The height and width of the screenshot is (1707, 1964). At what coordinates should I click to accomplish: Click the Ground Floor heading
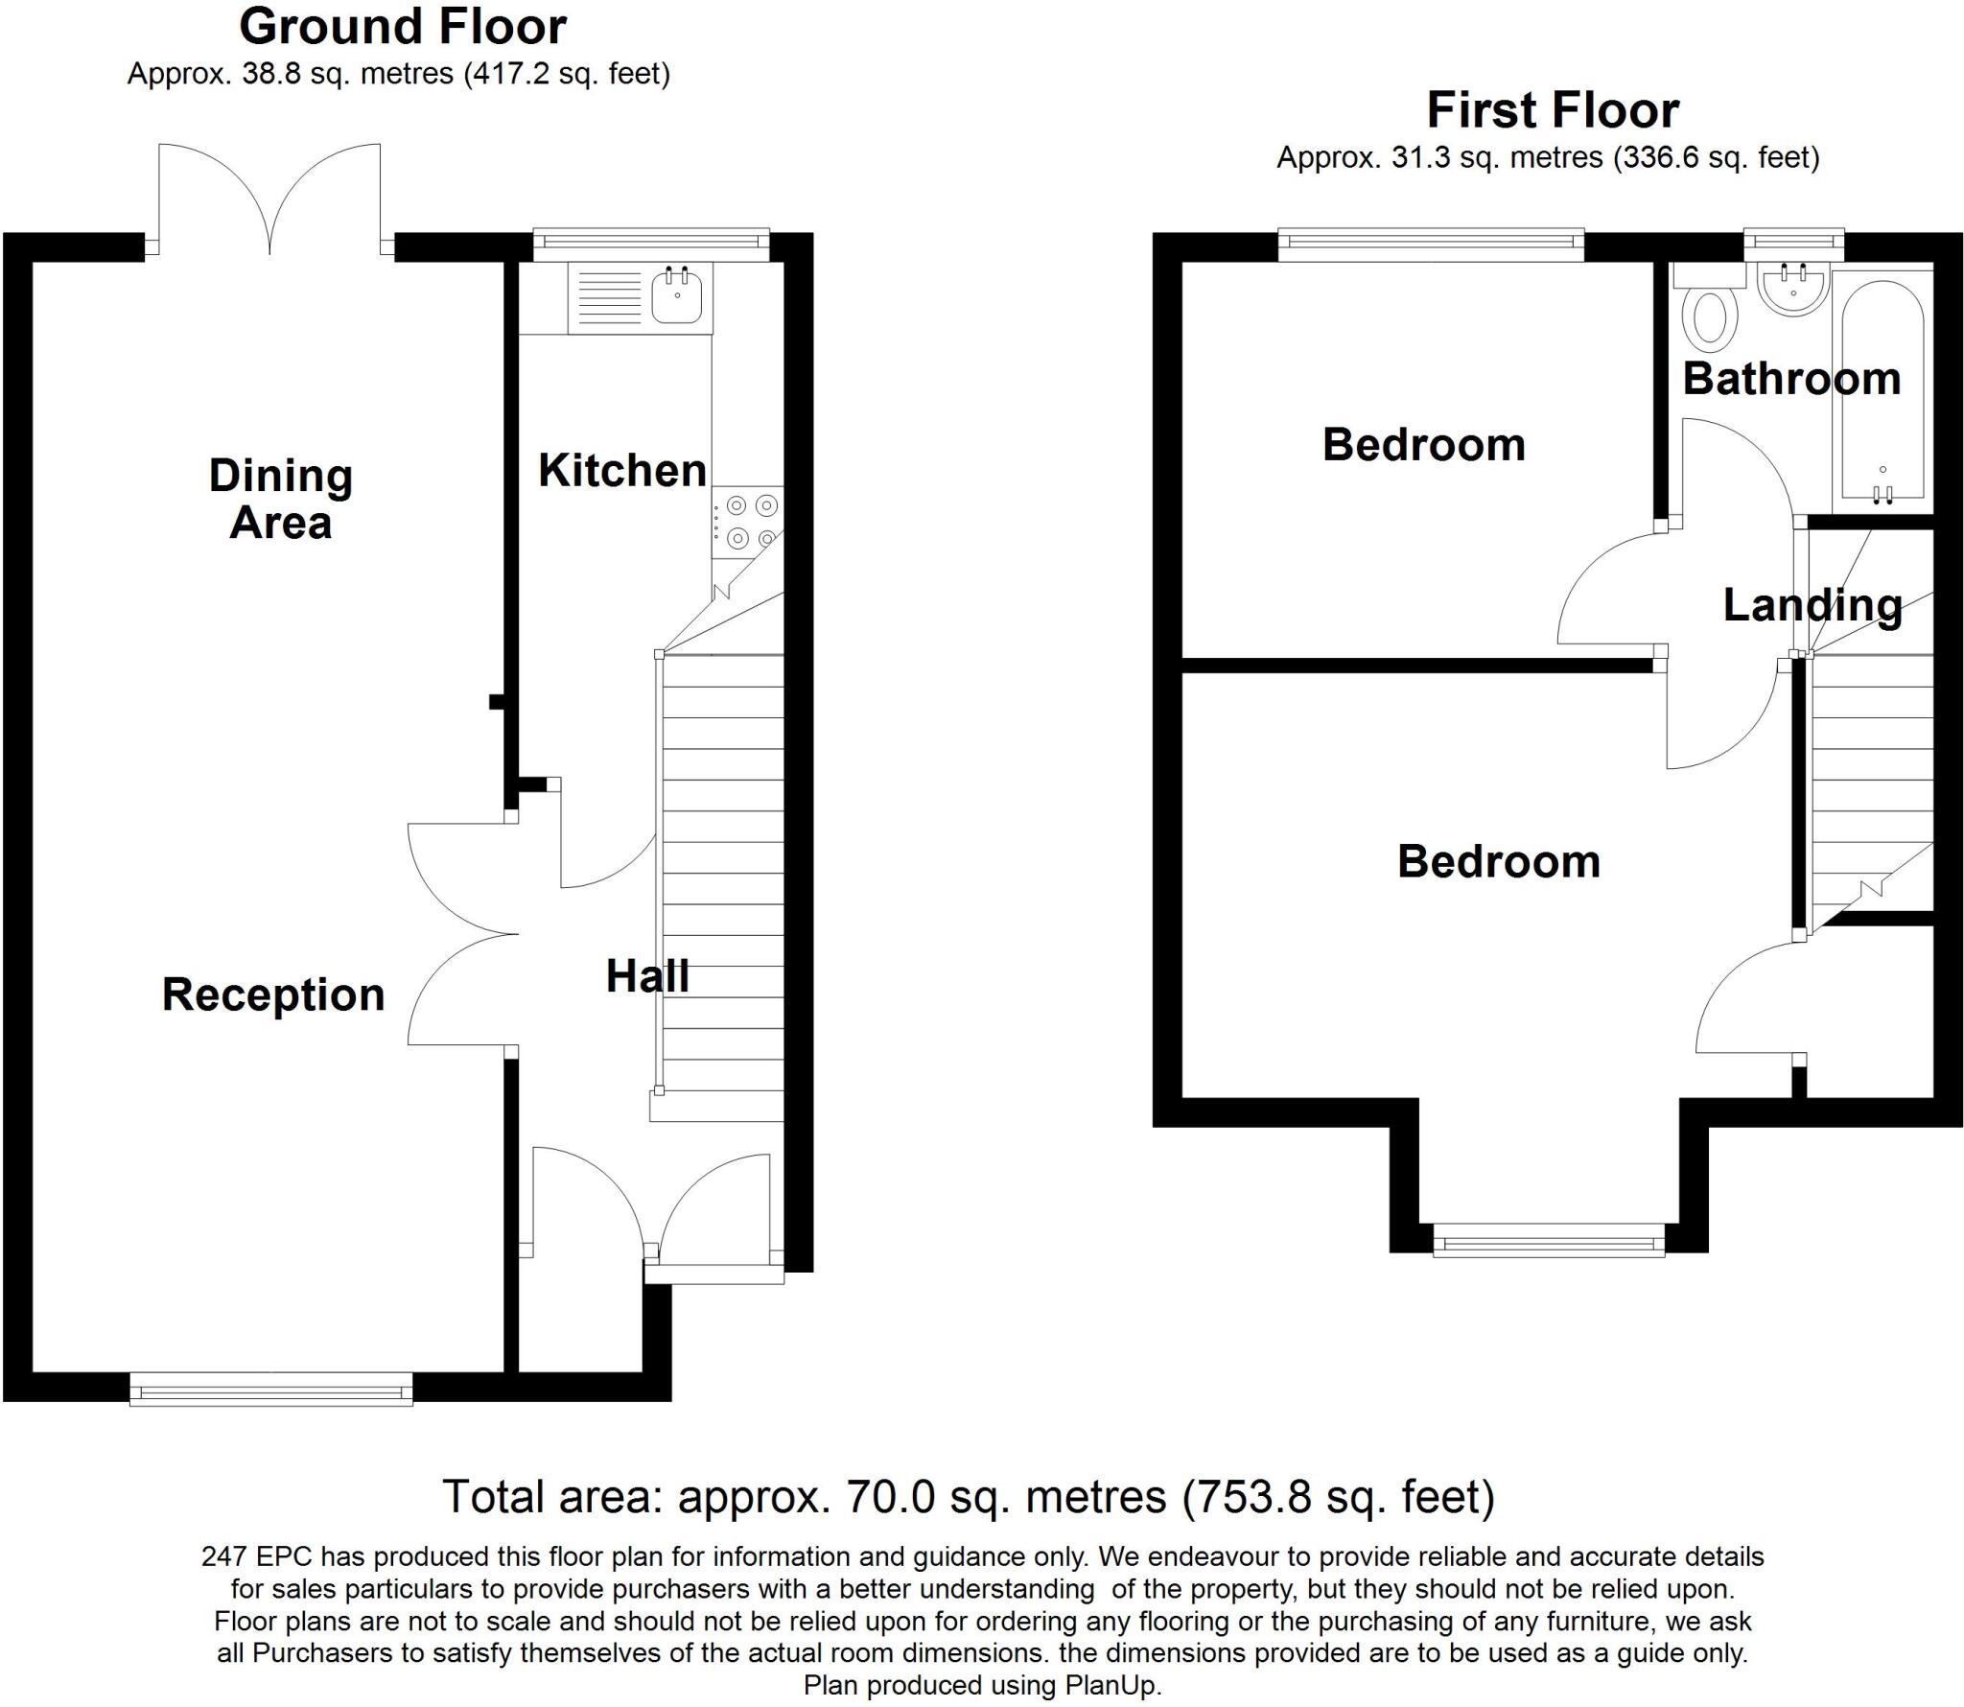(x=402, y=27)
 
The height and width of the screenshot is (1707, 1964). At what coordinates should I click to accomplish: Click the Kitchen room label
(x=621, y=470)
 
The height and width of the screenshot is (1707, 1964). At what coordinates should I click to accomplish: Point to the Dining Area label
(x=280, y=500)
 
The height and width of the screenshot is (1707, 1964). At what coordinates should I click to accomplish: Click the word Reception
(x=273, y=994)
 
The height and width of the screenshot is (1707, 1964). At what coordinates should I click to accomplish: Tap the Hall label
(x=647, y=976)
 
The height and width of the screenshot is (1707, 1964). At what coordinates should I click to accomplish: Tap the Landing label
(x=1812, y=605)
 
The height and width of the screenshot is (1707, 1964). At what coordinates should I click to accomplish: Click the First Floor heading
(x=1553, y=110)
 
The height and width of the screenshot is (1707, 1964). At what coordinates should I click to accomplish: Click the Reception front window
(x=271, y=1389)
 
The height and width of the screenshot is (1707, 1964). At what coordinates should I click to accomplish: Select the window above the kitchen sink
(x=651, y=245)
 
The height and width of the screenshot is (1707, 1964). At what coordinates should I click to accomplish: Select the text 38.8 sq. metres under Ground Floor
(x=347, y=74)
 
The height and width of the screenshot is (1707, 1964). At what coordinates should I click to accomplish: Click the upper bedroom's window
(x=1431, y=245)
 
